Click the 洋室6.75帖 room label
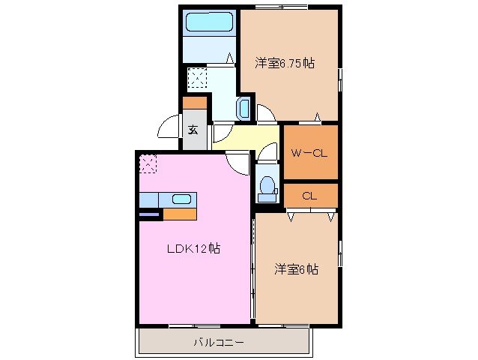point(284,64)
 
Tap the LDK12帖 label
point(193,248)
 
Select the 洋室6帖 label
point(296,268)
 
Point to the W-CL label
point(309,154)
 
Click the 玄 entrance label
point(193,128)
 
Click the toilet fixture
point(266,188)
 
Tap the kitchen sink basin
point(181,199)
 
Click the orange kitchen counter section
point(180,214)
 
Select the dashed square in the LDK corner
point(148,163)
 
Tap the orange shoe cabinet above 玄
point(193,103)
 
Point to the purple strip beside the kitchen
point(149,214)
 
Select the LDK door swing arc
point(238,161)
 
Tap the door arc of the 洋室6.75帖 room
point(266,112)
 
